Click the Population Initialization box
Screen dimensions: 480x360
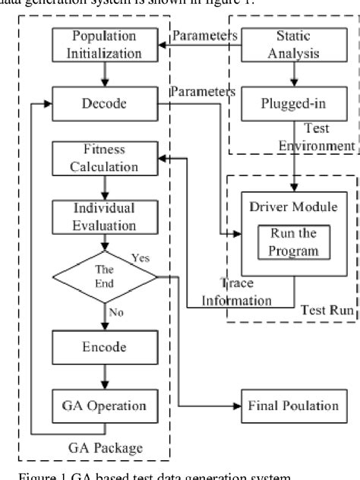pyautogui.click(x=104, y=44)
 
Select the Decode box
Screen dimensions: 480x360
pyautogui.click(x=104, y=104)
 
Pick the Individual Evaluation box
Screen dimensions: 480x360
pyautogui.click(x=104, y=216)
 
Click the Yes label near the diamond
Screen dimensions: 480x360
pyautogui.click(x=141, y=258)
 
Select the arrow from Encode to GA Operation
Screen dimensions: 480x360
pyautogui.click(x=104, y=376)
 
